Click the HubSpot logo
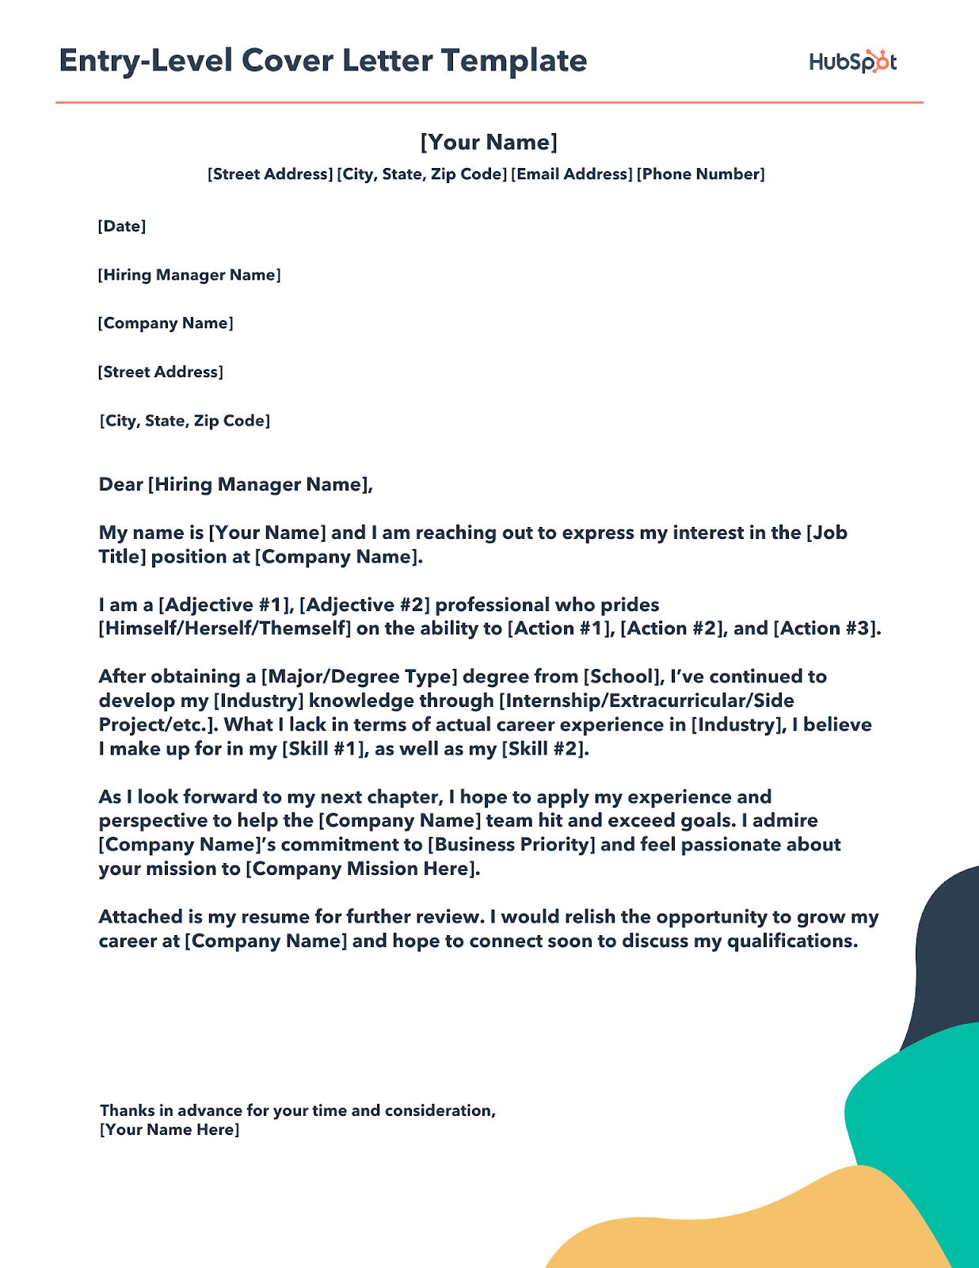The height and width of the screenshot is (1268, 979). (x=852, y=62)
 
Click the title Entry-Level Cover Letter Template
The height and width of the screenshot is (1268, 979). (x=323, y=61)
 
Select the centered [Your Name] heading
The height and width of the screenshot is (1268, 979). (x=489, y=142)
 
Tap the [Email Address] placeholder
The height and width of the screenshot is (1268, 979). (x=572, y=174)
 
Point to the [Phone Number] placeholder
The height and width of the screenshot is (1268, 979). (x=701, y=174)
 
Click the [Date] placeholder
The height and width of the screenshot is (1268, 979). (x=122, y=227)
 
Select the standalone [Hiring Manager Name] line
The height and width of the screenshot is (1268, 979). (x=189, y=275)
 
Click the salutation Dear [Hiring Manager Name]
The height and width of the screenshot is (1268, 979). (x=235, y=484)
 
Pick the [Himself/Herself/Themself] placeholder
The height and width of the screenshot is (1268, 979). (x=225, y=628)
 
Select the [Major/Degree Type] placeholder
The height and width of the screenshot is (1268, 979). (x=360, y=677)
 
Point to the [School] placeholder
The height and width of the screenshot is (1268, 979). (x=623, y=677)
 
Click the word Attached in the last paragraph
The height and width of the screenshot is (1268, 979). (x=140, y=917)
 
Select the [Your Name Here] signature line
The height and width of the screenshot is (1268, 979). (x=170, y=1130)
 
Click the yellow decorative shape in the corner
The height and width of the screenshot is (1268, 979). (x=713, y=1228)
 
